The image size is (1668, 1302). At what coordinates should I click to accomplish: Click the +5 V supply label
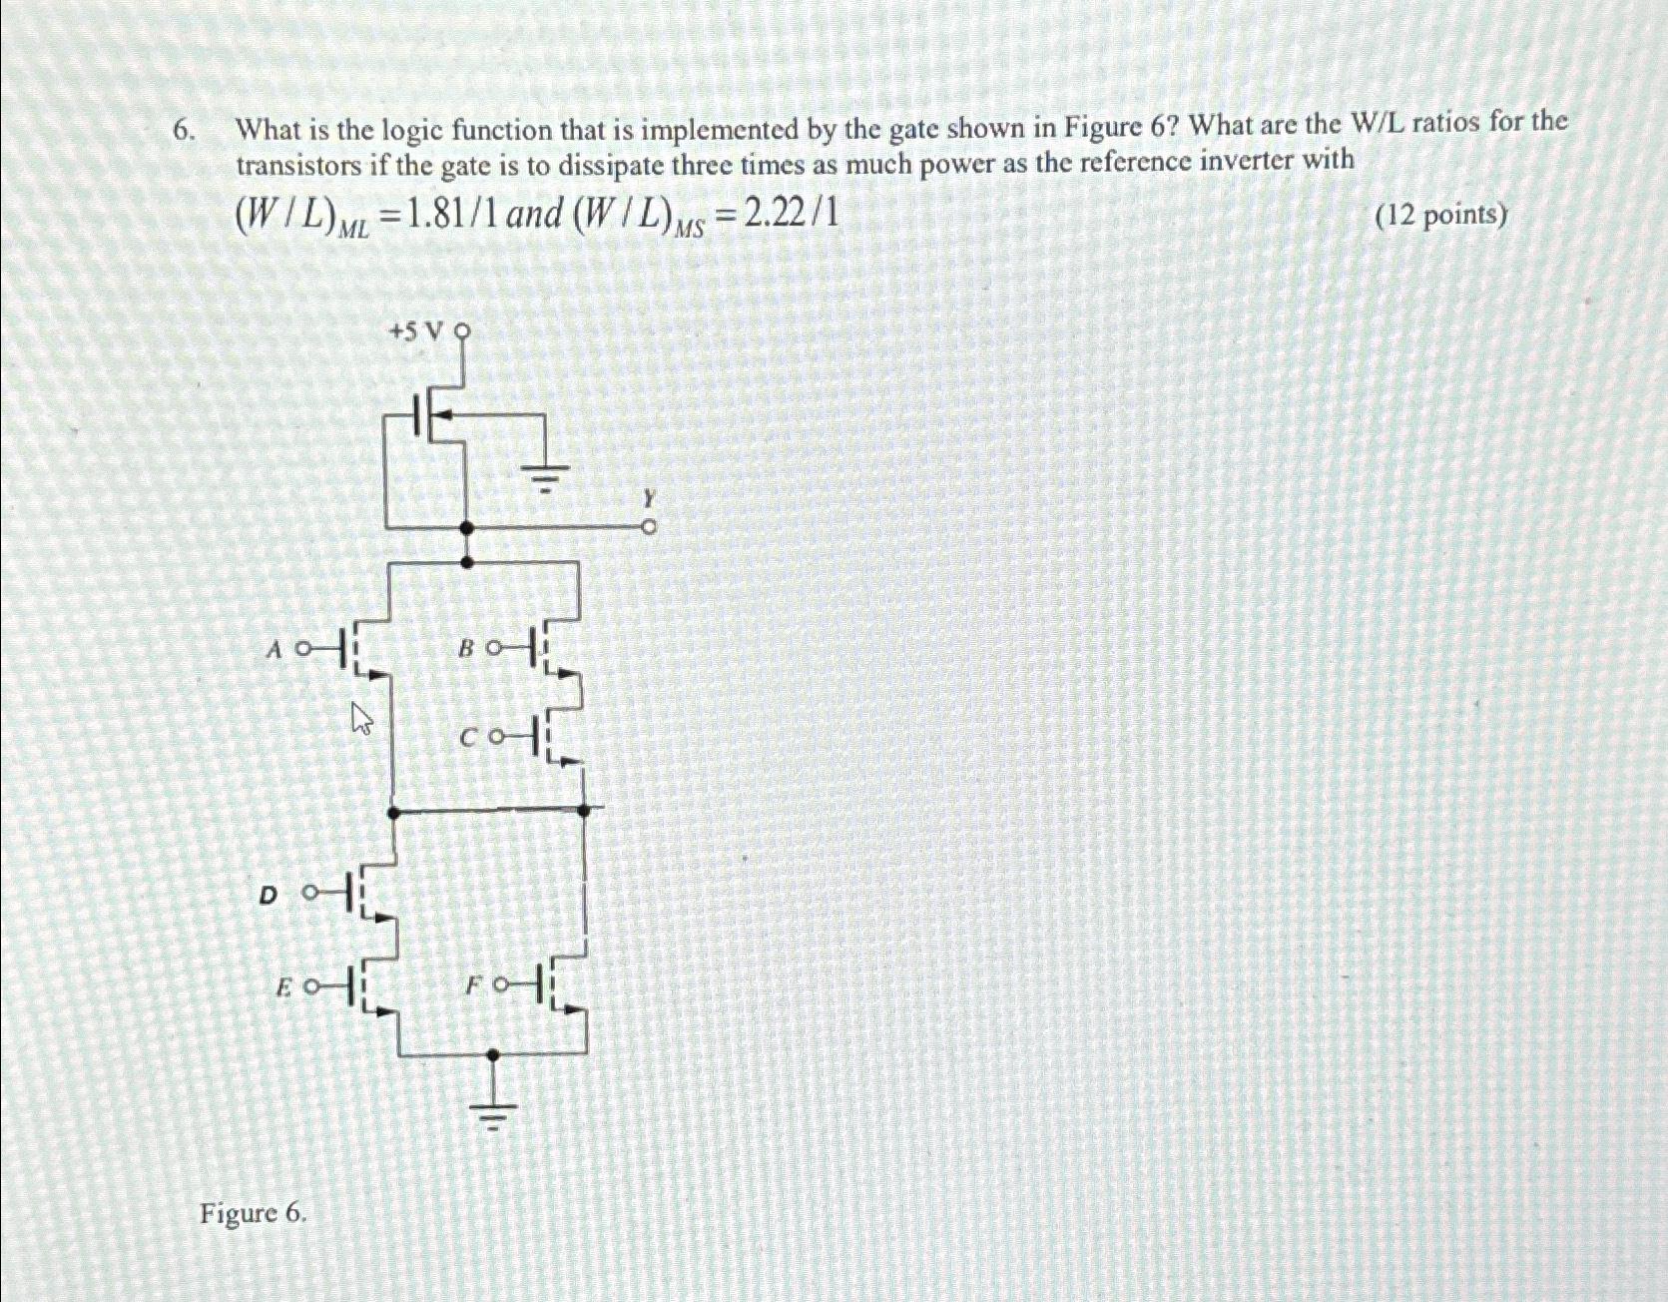tap(413, 331)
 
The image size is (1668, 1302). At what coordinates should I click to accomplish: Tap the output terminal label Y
tap(649, 497)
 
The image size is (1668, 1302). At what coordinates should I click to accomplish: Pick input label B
tap(465, 649)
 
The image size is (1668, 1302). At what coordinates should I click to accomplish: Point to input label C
tap(469, 739)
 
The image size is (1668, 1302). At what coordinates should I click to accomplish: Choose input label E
tap(283, 987)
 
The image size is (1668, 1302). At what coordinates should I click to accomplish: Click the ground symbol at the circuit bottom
tap(493, 1118)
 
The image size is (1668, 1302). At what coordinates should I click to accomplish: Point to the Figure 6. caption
tap(254, 1213)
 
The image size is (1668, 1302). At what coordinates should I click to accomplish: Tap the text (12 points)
tap(1441, 216)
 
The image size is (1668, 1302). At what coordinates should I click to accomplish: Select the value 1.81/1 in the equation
tap(448, 215)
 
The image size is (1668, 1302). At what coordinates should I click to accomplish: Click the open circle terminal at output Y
tap(649, 526)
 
